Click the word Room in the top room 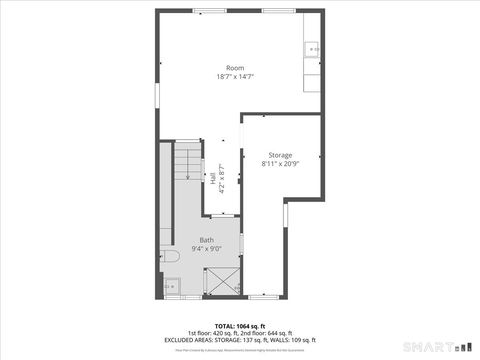coord(235,68)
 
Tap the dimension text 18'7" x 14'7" coord(235,77)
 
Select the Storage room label coord(280,155)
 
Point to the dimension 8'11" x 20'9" coord(280,164)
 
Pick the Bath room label coord(206,240)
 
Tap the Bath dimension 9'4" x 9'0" coord(206,249)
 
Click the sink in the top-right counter coord(312,48)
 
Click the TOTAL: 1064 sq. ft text coord(239,326)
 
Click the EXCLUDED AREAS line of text coord(239,340)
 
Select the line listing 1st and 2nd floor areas coord(239,333)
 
